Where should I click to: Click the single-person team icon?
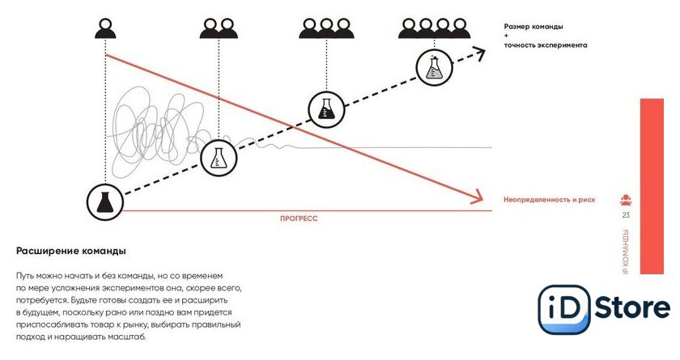click(x=105, y=29)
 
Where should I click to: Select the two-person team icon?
click(x=219, y=29)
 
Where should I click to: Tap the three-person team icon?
click(x=326, y=29)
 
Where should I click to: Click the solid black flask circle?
click(x=104, y=201)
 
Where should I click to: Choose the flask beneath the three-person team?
click(x=326, y=108)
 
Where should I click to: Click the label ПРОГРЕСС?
click(x=299, y=218)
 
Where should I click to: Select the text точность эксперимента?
click(x=545, y=45)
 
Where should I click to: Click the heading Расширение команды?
click(x=71, y=250)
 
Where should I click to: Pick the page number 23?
click(x=626, y=214)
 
